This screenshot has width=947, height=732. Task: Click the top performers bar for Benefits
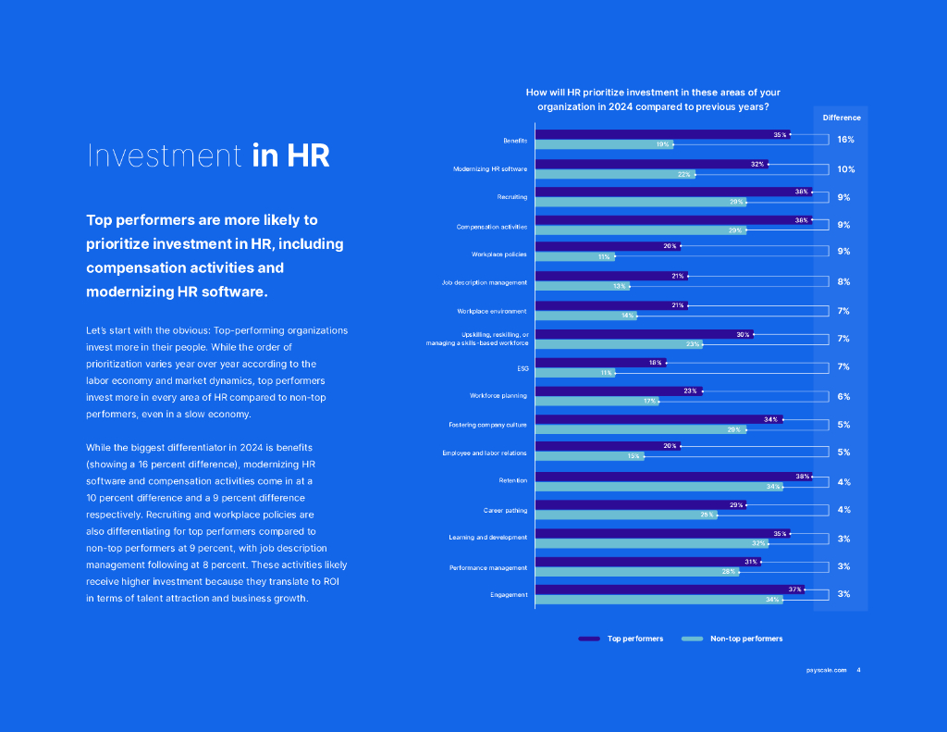(x=661, y=134)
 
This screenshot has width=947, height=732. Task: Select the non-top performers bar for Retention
(x=658, y=487)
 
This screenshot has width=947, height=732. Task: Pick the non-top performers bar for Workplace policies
(x=574, y=256)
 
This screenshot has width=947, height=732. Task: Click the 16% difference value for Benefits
(x=845, y=140)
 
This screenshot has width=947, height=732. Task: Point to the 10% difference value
(x=845, y=169)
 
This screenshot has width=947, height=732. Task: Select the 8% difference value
(x=843, y=281)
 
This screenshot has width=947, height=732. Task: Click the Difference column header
(x=842, y=118)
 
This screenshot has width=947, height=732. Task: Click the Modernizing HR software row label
(x=489, y=169)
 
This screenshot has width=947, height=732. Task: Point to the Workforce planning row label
(x=498, y=396)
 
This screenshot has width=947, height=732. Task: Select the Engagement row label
(x=509, y=594)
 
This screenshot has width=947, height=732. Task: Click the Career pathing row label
(x=505, y=510)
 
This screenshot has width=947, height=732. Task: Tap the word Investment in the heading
(x=164, y=156)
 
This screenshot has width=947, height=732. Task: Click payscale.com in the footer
(x=826, y=670)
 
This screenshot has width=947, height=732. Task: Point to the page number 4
(x=858, y=670)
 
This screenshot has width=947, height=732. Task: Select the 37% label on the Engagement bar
(x=794, y=589)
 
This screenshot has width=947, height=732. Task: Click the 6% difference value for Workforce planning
(x=843, y=396)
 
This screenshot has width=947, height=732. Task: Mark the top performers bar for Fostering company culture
(x=658, y=419)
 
